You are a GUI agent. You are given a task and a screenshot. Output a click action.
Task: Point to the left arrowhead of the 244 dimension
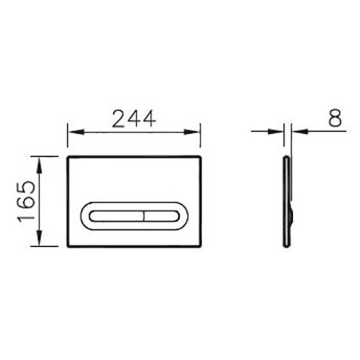click(x=71, y=132)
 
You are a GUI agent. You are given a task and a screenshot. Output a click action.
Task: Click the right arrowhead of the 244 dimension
click(x=196, y=132)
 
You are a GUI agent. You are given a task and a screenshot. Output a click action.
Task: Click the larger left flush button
click(x=116, y=215)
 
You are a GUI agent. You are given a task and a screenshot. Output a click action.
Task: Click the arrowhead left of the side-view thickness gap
click(x=281, y=132)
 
